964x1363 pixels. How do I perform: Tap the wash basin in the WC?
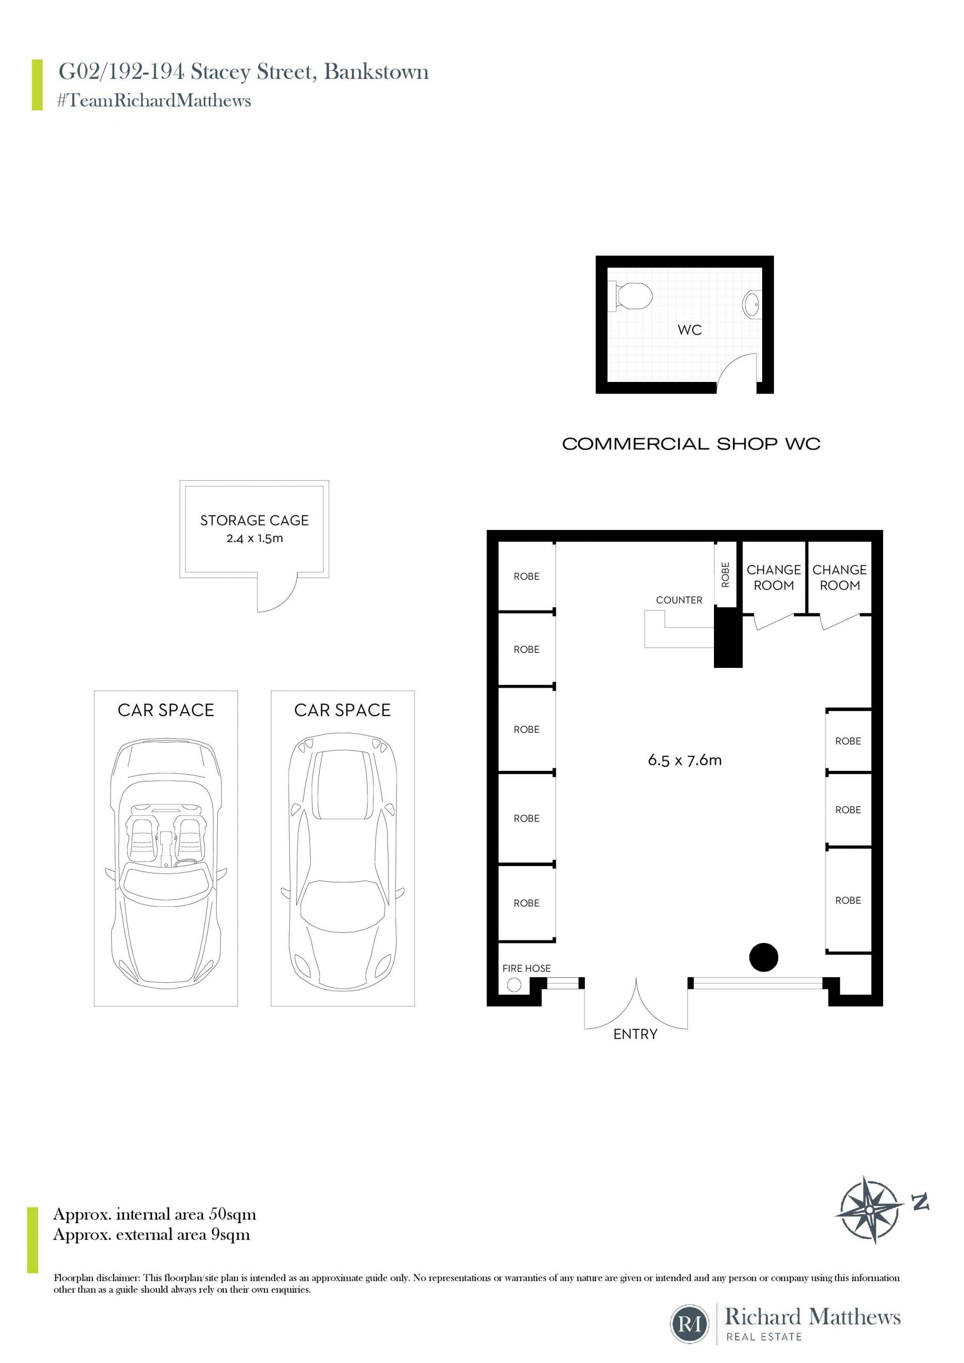(x=753, y=305)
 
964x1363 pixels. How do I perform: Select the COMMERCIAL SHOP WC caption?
(x=691, y=444)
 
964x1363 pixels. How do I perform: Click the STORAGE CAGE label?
(x=254, y=520)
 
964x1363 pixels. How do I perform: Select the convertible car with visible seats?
(x=166, y=863)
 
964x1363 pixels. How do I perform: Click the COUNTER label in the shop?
(x=679, y=600)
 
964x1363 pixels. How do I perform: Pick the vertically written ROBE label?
(x=725, y=575)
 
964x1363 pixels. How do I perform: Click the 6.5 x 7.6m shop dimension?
(x=685, y=760)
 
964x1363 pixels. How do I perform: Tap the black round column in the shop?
(x=764, y=958)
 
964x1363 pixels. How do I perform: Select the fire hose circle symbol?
(x=514, y=985)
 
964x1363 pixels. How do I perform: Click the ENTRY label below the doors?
(x=636, y=1035)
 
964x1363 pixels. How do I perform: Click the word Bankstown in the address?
(x=376, y=72)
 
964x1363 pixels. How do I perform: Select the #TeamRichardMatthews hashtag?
(x=154, y=100)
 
